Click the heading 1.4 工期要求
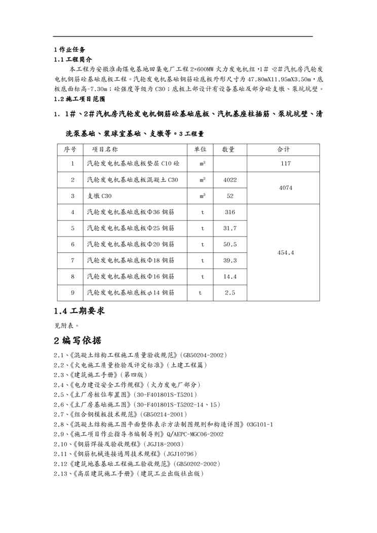pyautogui.click(x=80, y=311)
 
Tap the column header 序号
pyautogui.click(x=70, y=149)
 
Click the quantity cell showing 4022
pyautogui.click(x=230, y=180)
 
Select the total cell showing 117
pyautogui.click(x=285, y=164)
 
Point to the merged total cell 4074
pyautogui.click(x=285, y=187)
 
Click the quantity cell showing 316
pyautogui.click(x=230, y=212)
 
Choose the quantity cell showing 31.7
pyautogui.click(x=230, y=229)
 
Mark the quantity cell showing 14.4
pyautogui.click(x=230, y=277)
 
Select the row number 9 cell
pyautogui.click(x=72, y=293)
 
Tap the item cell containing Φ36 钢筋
pyautogui.click(x=131, y=212)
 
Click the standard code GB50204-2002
pyautogui.click(x=201, y=356)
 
